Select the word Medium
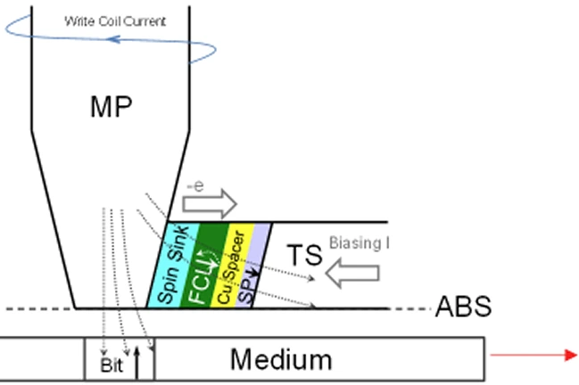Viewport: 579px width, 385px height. pos(281,359)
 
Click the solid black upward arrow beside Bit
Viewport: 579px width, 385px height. pos(138,361)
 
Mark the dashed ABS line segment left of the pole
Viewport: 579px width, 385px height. pos(36,309)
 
